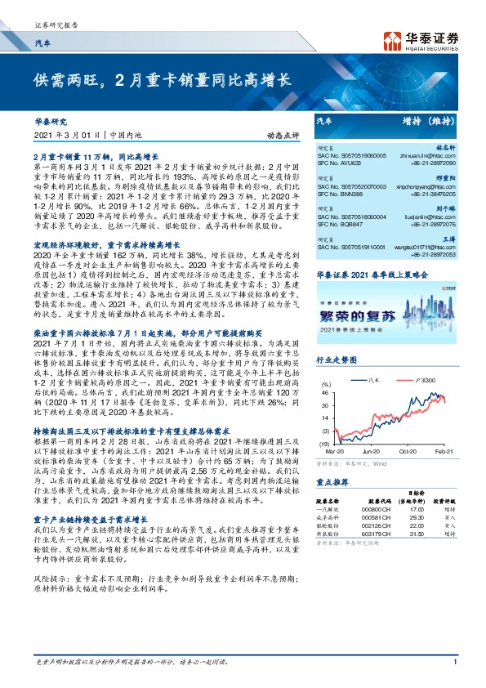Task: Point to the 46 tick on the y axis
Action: click(x=325, y=393)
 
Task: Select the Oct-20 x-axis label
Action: click(x=408, y=450)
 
